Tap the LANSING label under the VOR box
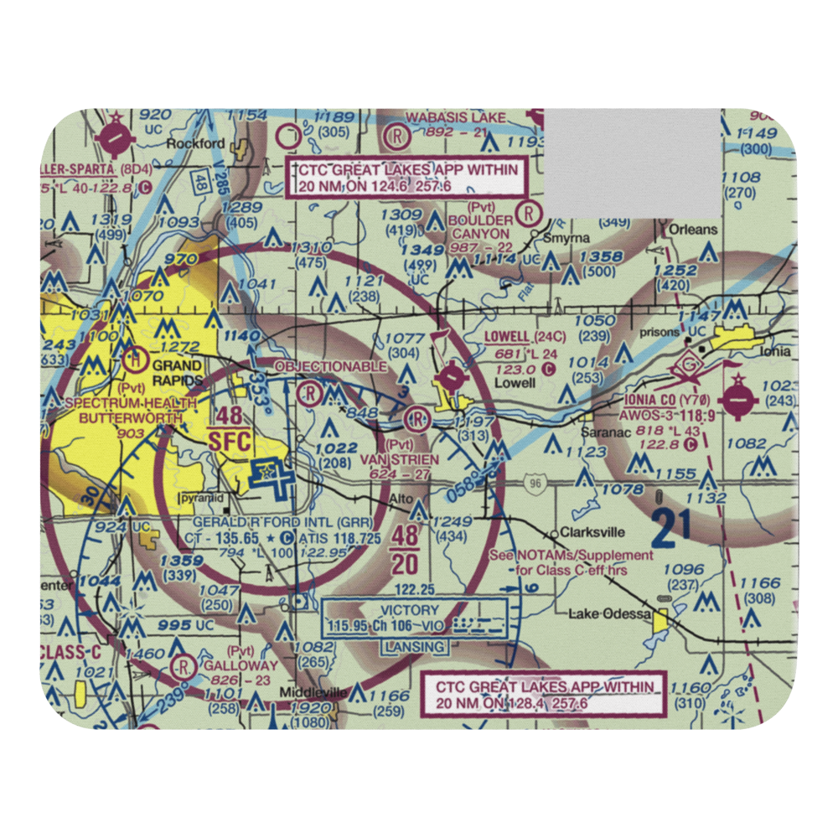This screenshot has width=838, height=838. pos(414,647)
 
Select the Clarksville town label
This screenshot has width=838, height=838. pos(593,531)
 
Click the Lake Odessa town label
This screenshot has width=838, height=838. pos(609,614)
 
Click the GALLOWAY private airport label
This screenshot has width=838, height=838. pos(227,665)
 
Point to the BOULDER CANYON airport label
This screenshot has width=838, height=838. pos(478,226)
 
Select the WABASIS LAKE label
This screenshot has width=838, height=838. pos(456,117)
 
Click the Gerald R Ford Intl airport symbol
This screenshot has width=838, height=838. pos(265,475)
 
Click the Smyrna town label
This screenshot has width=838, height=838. pos(584,237)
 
